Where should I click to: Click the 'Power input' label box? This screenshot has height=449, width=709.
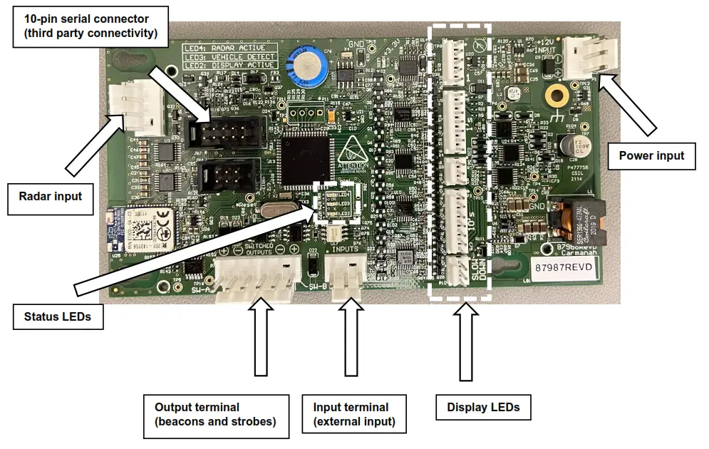click(651, 155)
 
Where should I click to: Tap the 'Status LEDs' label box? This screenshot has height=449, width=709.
click(58, 316)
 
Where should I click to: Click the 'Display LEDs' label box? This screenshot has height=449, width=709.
click(482, 408)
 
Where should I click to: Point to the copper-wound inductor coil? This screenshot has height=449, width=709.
click(576, 218)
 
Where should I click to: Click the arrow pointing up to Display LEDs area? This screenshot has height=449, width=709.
click(466, 342)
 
